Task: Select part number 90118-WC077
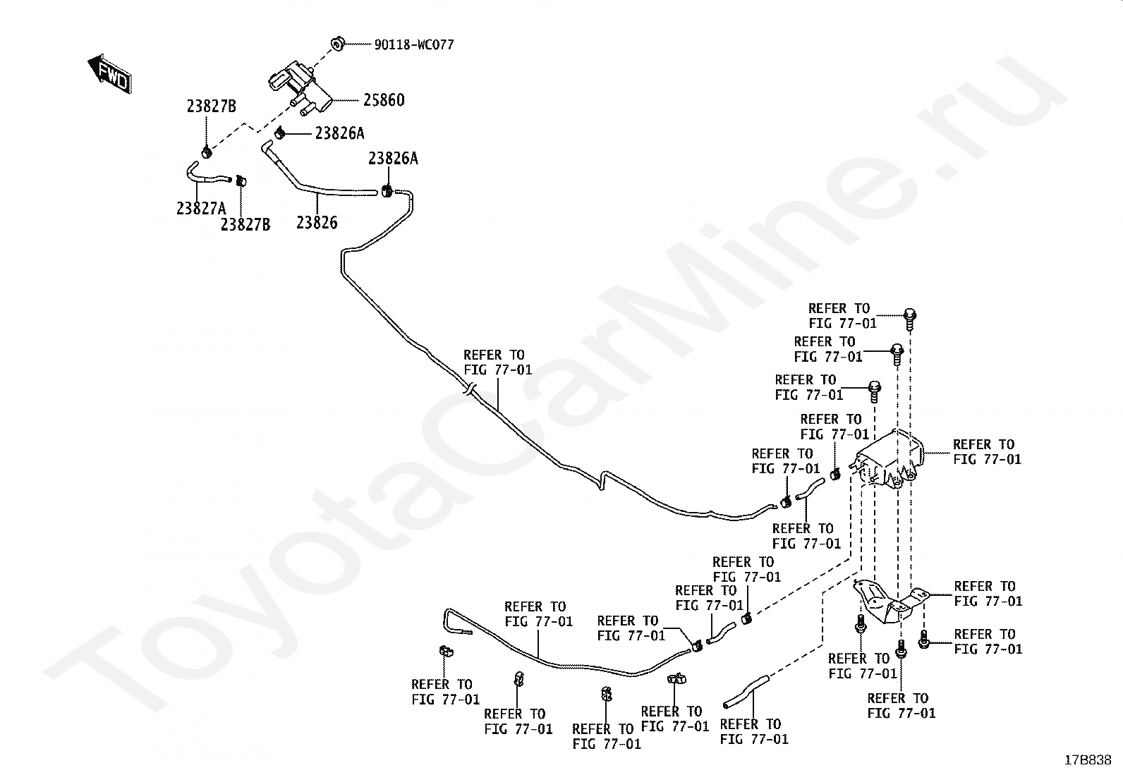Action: (413, 45)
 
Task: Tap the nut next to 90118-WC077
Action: (338, 44)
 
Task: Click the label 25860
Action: (384, 101)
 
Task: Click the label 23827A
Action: (201, 208)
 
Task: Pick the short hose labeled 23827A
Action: (207, 176)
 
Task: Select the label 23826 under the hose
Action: (317, 223)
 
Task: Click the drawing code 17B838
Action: (1088, 760)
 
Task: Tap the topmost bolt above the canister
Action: (910, 317)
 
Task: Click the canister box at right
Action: (890, 459)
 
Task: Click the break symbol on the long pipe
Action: (469, 389)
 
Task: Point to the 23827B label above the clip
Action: (211, 107)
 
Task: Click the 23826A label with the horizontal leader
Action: (339, 133)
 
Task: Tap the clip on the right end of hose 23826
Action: (387, 190)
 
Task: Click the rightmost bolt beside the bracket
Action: (924, 640)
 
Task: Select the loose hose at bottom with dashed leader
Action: (745, 691)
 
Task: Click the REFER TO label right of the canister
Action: (987, 452)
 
